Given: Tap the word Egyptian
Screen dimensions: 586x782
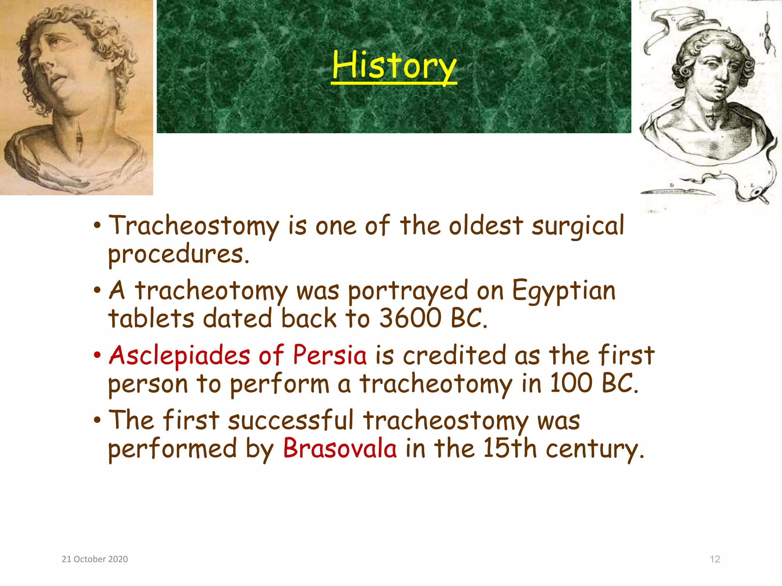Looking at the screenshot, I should coord(564,291).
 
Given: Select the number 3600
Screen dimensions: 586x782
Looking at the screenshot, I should coord(410,318).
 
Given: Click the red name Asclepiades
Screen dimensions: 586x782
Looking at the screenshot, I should coord(179,356).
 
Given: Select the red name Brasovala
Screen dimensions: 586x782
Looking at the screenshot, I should coord(339,448).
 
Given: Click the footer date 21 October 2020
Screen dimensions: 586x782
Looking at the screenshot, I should coord(95,559).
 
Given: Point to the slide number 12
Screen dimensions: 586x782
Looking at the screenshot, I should coord(715,559).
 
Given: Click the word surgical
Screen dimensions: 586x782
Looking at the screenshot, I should coord(578,227).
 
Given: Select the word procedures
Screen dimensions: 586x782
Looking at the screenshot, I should coord(178,255).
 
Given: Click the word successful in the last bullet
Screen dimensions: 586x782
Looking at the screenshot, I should coord(291,421).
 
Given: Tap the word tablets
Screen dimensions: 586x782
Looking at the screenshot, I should coord(151,318).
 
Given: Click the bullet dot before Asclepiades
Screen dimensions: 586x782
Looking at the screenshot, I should coord(97,355).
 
